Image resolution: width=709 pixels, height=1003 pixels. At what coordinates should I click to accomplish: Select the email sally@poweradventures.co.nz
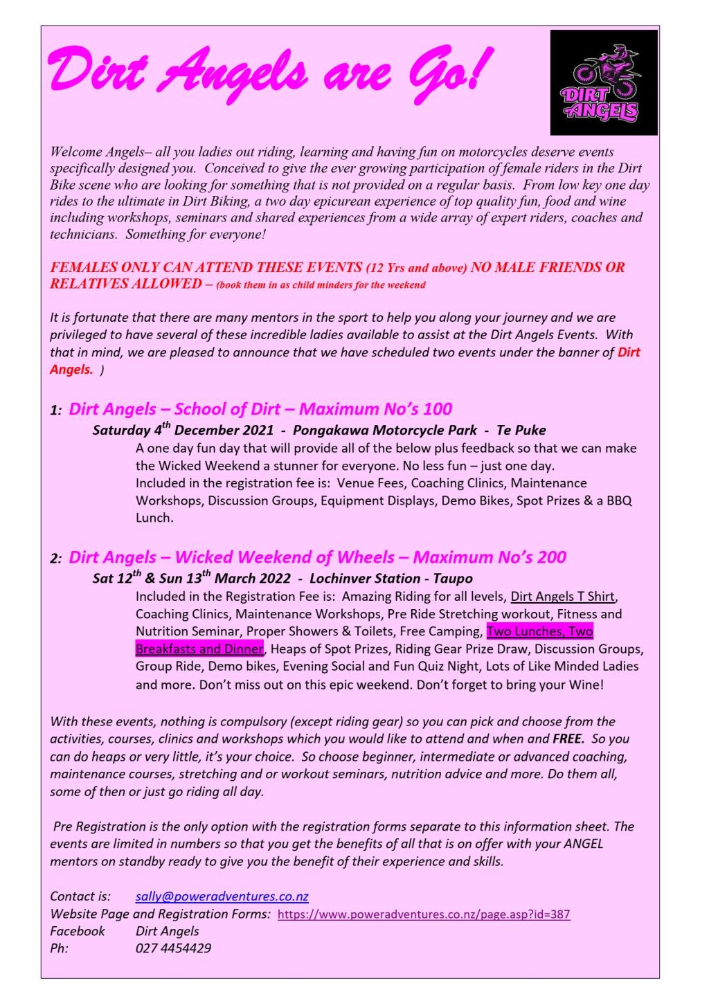pyautogui.click(x=222, y=896)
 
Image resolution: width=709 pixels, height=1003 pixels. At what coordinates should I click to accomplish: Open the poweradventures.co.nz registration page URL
pyautogui.click(x=423, y=914)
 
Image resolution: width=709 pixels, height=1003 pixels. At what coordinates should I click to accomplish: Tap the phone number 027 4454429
pyautogui.click(x=173, y=948)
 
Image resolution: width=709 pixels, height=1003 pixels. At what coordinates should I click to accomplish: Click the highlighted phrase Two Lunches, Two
pyautogui.click(x=539, y=631)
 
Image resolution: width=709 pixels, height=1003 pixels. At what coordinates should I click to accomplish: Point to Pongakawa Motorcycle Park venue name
pyautogui.click(x=385, y=430)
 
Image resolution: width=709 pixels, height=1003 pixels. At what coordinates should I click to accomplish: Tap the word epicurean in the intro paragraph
pyautogui.click(x=324, y=202)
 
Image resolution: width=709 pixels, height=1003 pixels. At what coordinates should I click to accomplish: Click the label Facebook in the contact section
pyautogui.click(x=78, y=931)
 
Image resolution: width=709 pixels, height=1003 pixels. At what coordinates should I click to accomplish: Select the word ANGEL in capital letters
pyautogui.click(x=582, y=844)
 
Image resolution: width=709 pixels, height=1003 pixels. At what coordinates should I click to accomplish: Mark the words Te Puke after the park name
pyautogui.click(x=521, y=430)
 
